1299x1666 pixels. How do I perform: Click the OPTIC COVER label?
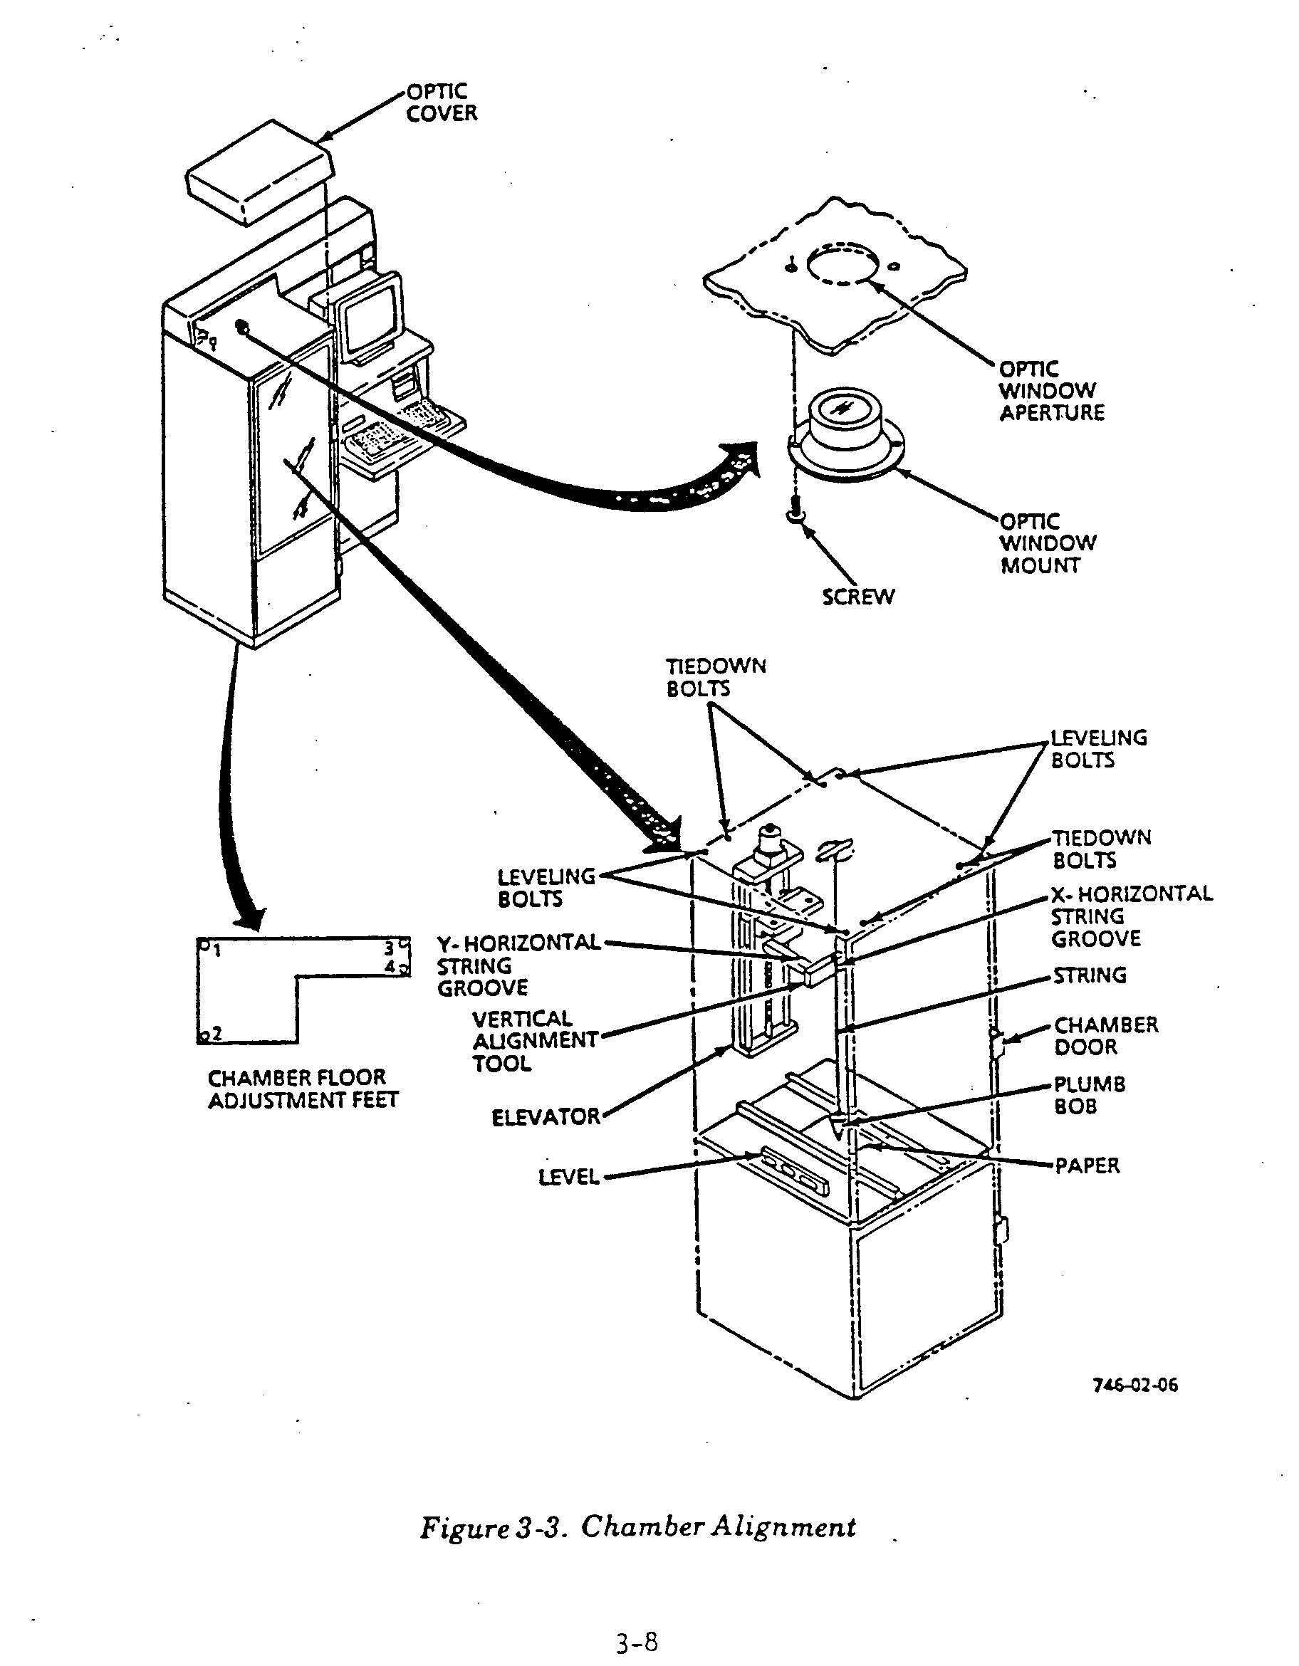pyautogui.click(x=441, y=103)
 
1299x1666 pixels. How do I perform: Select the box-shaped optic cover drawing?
pyautogui.click(x=259, y=172)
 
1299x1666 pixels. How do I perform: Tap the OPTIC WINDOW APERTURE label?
pyautogui.click(x=1051, y=391)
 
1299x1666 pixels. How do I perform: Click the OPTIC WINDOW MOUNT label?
pyautogui.click(x=1047, y=543)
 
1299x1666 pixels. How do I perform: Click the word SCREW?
pyautogui.click(x=858, y=597)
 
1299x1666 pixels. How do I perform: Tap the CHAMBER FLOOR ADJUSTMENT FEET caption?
pyautogui.click(x=302, y=1089)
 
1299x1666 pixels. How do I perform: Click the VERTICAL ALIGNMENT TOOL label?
pyautogui.click(x=534, y=1040)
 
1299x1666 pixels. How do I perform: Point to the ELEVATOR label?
pyautogui.click(x=546, y=1118)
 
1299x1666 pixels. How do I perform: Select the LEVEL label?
pyautogui.click(x=568, y=1177)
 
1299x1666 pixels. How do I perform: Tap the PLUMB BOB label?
pyautogui.click(x=1089, y=1095)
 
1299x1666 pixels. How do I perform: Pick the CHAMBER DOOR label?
pyautogui.click(x=1105, y=1035)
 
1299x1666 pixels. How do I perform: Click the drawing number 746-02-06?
pyautogui.click(x=1135, y=1385)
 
